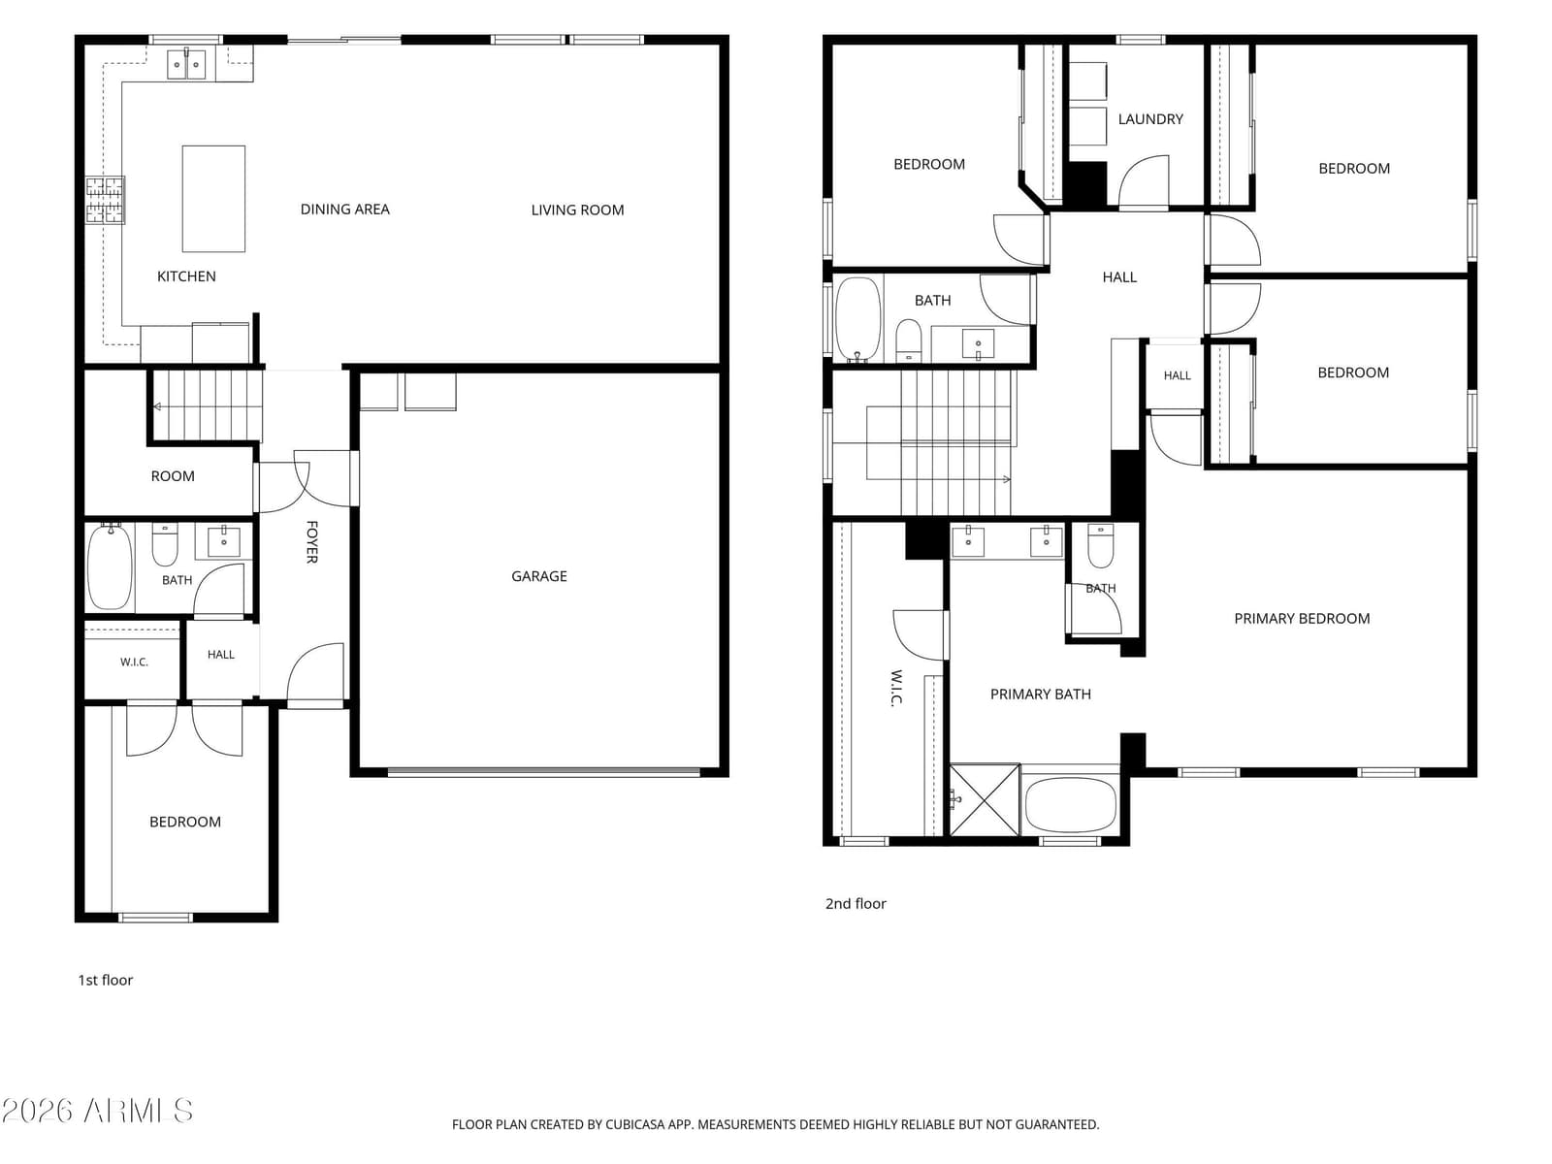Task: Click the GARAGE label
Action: click(538, 576)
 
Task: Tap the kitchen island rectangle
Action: click(213, 199)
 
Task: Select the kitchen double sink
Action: click(186, 64)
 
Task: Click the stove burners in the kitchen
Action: click(105, 200)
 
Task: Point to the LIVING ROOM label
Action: click(577, 210)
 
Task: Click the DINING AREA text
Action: click(344, 210)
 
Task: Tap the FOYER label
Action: click(311, 542)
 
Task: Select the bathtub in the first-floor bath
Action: click(110, 566)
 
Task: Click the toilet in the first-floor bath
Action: click(165, 545)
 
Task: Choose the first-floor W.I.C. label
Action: click(134, 663)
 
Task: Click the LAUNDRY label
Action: click(1150, 119)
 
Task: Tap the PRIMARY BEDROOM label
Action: click(1302, 619)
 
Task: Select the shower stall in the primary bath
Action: click(985, 799)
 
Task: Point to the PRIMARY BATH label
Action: click(1040, 694)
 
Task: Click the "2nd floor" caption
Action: click(856, 903)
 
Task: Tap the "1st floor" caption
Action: click(106, 980)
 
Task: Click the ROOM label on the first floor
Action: click(173, 476)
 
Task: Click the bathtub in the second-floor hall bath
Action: click(858, 319)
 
